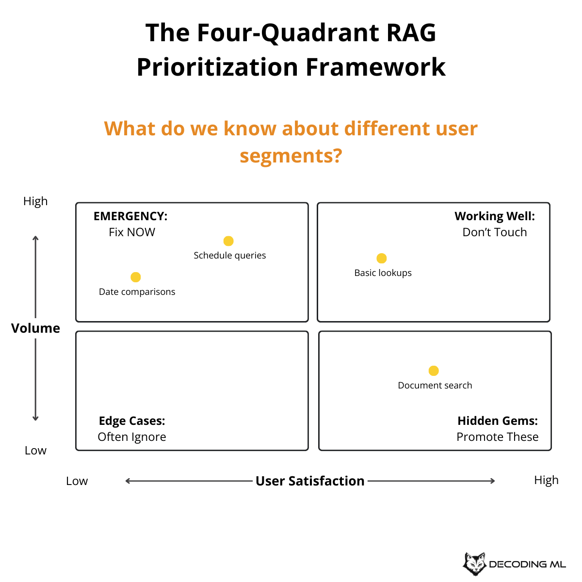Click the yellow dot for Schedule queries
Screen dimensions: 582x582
(x=228, y=241)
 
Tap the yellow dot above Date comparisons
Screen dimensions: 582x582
(x=136, y=277)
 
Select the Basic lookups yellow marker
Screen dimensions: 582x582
(x=382, y=259)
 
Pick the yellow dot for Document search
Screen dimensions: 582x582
(x=434, y=371)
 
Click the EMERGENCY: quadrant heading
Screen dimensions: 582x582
(x=130, y=216)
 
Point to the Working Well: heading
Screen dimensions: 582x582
(x=495, y=216)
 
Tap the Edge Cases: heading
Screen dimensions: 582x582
(x=132, y=421)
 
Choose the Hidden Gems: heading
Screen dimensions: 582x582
(x=498, y=421)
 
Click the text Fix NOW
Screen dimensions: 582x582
(x=132, y=232)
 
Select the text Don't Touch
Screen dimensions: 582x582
(x=495, y=232)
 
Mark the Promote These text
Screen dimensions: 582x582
(x=498, y=437)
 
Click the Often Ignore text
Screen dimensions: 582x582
(x=132, y=437)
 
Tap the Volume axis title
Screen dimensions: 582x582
(x=35, y=328)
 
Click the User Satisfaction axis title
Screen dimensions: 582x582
(x=310, y=481)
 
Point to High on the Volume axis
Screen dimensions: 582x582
(x=35, y=201)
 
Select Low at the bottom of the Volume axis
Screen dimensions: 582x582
(x=35, y=451)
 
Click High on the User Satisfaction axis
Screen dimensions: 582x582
(x=546, y=480)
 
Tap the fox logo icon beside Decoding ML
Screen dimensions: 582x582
(x=474, y=564)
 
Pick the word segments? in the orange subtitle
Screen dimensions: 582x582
(x=291, y=156)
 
